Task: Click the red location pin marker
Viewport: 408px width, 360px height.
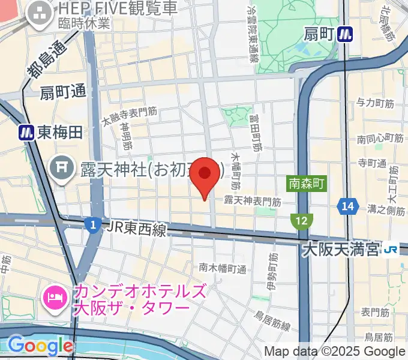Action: click(205, 175)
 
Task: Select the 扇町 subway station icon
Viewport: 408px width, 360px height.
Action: click(345, 34)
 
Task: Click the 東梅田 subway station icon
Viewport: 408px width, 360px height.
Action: click(26, 132)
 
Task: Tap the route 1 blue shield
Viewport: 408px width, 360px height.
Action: click(92, 225)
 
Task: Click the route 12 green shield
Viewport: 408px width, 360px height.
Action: click(302, 221)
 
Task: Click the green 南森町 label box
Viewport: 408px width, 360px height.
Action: click(306, 183)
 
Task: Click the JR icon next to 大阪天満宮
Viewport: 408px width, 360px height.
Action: click(392, 248)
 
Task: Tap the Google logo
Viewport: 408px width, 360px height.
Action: click(40, 346)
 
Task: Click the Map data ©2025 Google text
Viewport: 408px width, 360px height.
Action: click(335, 351)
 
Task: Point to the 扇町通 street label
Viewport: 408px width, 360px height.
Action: click(64, 92)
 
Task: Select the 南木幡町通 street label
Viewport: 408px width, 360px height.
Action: click(223, 268)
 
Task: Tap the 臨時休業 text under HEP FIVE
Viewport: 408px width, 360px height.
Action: click(84, 24)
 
